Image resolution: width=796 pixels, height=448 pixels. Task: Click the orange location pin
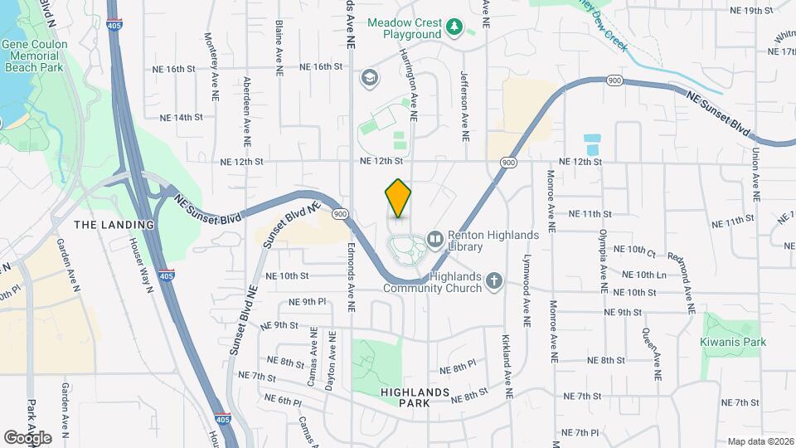(398, 197)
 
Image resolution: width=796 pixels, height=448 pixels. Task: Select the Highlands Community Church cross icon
(494, 281)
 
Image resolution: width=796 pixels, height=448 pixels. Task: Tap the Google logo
(27, 437)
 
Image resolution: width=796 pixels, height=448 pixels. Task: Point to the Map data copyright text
(760, 441)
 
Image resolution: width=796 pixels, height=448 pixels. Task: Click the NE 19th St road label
(751, 11)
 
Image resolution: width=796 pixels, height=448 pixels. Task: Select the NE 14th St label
(182, 118)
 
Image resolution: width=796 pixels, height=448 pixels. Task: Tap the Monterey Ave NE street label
(214, 69)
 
